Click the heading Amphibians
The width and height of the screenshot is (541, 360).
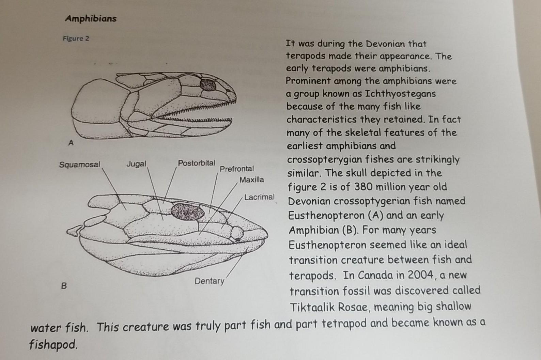click(x=91, y=18)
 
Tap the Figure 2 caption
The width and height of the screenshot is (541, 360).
click(x=76, y=38)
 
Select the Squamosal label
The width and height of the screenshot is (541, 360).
click(x=80, y=165)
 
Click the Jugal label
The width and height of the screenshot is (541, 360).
click(x=136, y=164)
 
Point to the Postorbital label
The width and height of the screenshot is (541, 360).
click(x=197, y=163)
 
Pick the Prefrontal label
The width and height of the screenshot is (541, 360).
click(x=237, y=169)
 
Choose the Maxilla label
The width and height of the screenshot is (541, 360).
click(x=251, y=179)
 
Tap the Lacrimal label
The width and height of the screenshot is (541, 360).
click(x=259, y=197)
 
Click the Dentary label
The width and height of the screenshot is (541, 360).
click(x=210, y=281)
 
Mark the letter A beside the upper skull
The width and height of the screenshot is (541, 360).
click(x=71, y=143)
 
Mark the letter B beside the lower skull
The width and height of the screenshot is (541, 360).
click(x=64, y=286)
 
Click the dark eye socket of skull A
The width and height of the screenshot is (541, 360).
click(x=208, y=84)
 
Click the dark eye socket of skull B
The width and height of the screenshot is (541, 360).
click(x=187, y=212)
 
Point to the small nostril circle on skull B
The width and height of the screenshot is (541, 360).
click(x=237, y=233)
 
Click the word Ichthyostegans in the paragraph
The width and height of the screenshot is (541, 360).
click(x=400, y=94)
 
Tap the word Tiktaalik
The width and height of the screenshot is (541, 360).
click(x=313, y=307)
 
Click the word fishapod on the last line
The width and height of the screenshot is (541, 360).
click(x=53, y=345)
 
